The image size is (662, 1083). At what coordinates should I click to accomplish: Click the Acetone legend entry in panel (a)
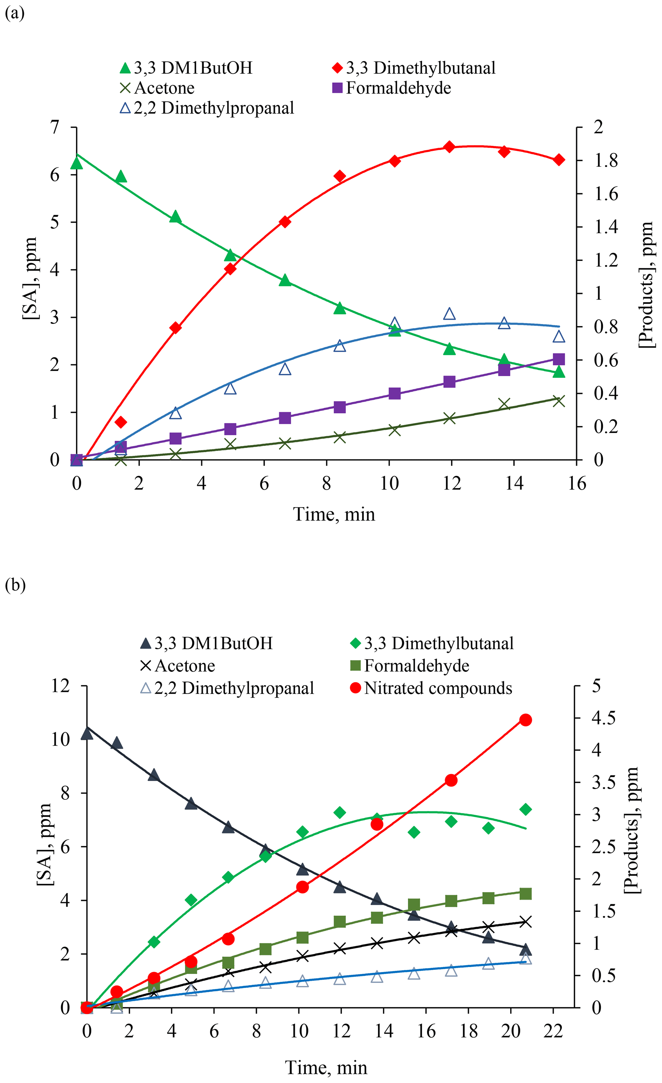(x=164, y=88)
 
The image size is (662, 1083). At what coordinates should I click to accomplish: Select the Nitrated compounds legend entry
(x=437, y=688)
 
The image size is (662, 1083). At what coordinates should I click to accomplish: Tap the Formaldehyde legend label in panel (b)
(x=416, y=666)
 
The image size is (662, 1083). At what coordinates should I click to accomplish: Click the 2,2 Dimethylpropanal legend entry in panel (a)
(x=214, y=108)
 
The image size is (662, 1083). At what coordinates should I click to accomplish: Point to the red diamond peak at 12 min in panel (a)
(x=449, y=147)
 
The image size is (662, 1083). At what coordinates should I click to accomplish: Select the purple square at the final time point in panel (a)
(x=558, y=360)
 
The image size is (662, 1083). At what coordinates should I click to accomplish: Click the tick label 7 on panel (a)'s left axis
(x=54, y=128)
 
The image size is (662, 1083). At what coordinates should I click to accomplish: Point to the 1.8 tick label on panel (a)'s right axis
(x=606, y=161)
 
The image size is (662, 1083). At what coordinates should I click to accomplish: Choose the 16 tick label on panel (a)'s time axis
(x=577, y=484)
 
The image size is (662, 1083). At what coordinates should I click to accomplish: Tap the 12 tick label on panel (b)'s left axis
(x=61, y=686)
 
